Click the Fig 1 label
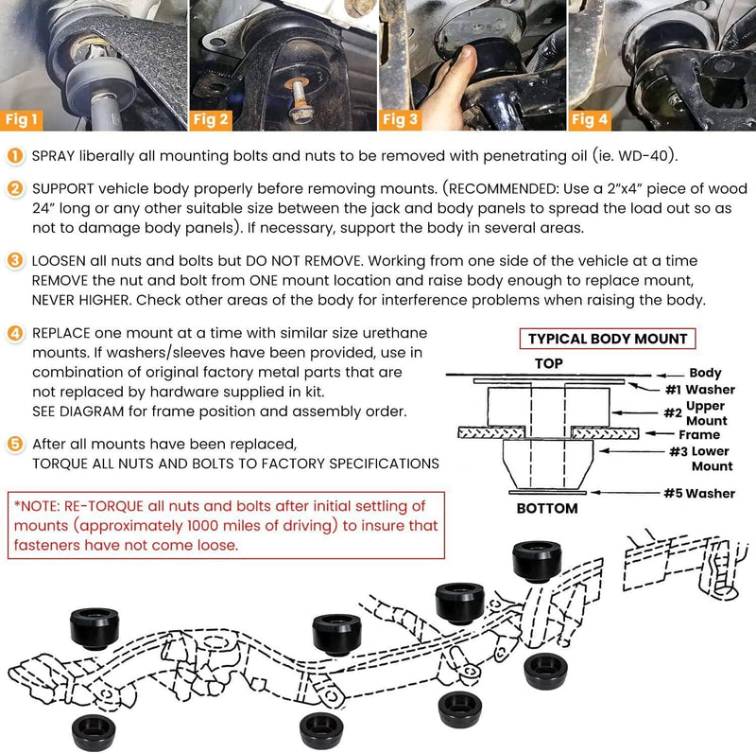(x=21, y=120)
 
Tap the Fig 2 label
(x=211, y=120)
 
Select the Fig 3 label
(x=400, y=120)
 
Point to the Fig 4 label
(x=590, y=120)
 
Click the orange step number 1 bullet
(x=15, y=156)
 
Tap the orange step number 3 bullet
(x=15, y=261)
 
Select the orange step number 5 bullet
(x=15, y=444)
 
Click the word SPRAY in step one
(x=54, y=156)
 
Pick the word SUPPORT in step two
(x=63, y=189)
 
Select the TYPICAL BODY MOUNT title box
(x=608, y=339)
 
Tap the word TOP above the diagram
(x=549, y=363)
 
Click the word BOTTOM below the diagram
(x=547, y=508)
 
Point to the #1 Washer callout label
(x=700, y=390)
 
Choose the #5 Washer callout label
(x=699, y=493)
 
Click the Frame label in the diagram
(x=699, y=434)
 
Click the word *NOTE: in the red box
(x=37, y=506)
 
